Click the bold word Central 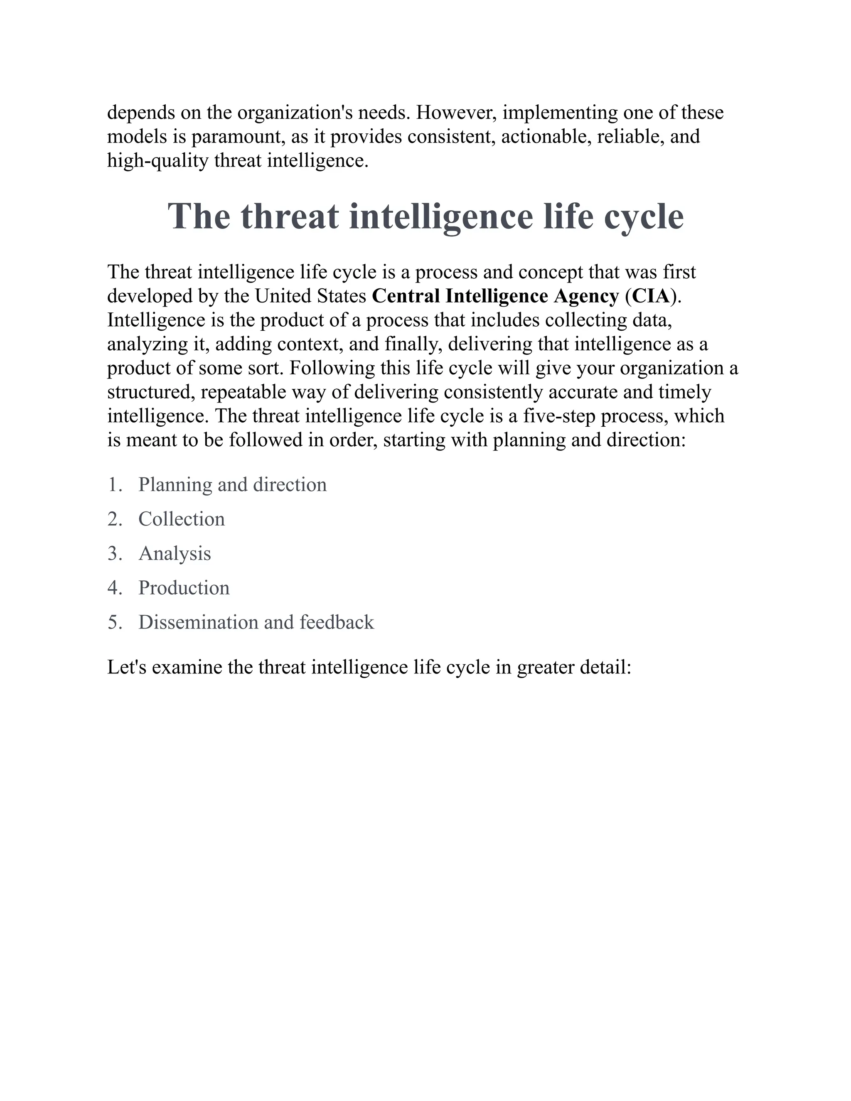click(406, 296)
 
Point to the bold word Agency click(586, 296)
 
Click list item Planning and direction click(232, 484)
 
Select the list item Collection click(182, 519)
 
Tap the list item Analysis click(175, 553)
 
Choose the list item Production click(184, 588)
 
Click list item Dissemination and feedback click(256, 622)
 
